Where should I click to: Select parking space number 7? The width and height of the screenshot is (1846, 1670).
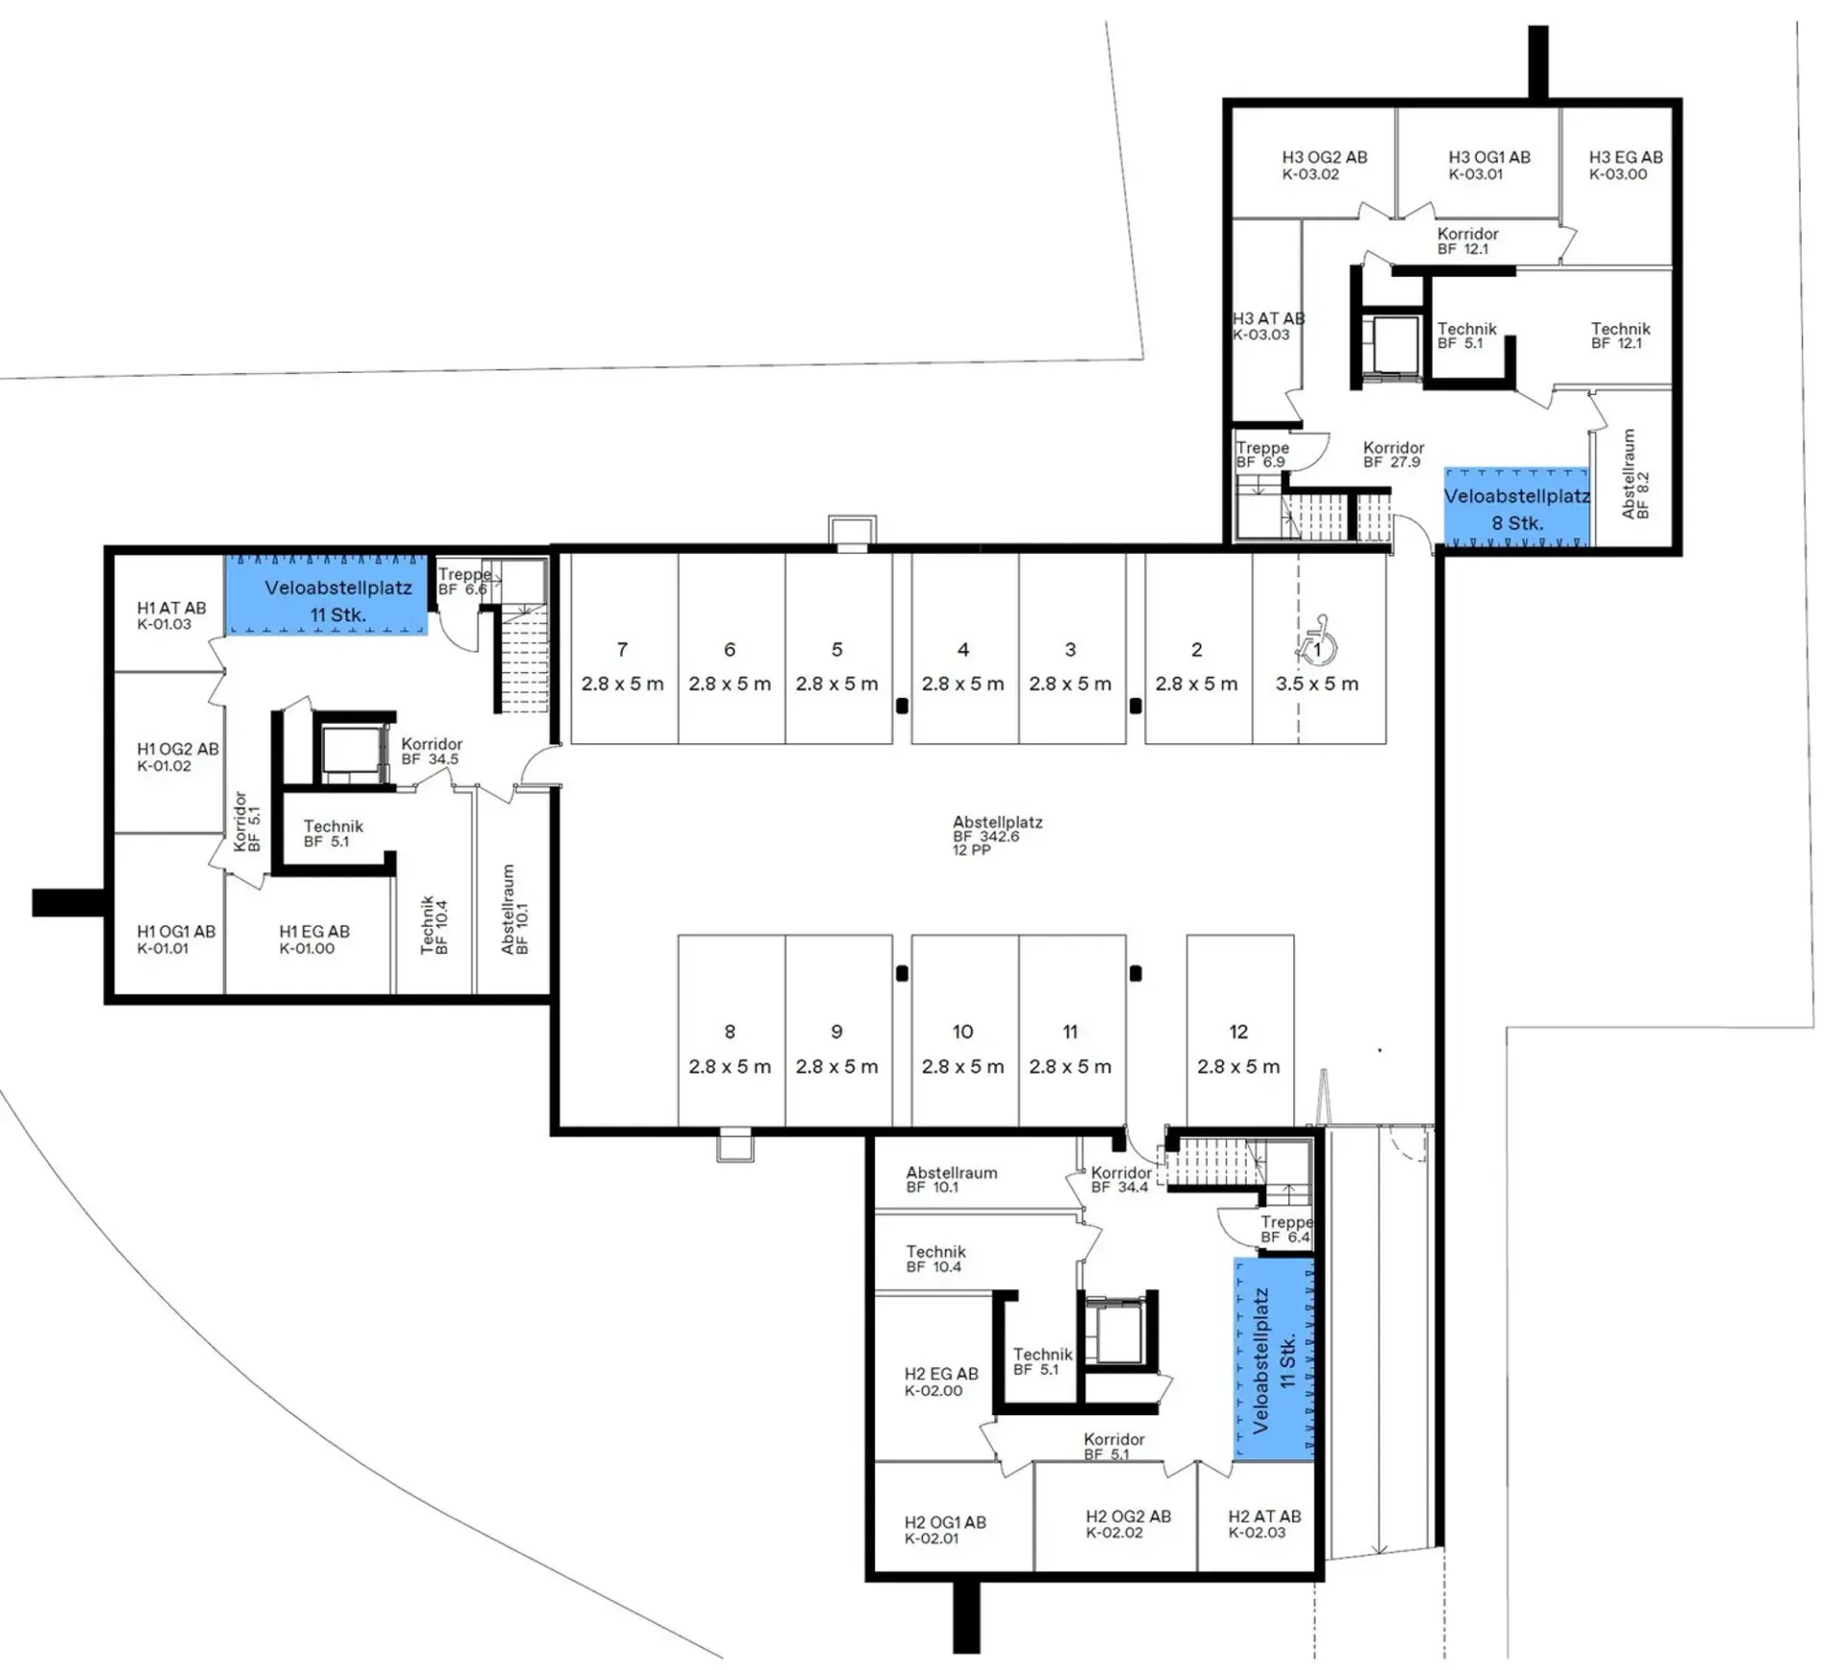[x=623, y=650]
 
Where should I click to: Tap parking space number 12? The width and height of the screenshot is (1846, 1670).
[x=1238, y=1032]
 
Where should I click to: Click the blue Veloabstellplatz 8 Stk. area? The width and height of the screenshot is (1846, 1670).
[x=1516, y=509]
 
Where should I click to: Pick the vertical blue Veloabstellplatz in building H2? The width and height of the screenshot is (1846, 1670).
[x=1274, y=1359]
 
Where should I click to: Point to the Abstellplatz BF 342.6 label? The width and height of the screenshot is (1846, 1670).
[x=997, y=835]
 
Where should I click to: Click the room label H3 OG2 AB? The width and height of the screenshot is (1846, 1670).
[x=1324, y=164]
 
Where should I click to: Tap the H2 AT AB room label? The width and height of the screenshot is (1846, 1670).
[x=1264, y=1524]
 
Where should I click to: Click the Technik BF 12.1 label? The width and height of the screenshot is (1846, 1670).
[x=1620, y=336]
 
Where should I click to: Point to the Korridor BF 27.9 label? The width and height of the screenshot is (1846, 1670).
[x=1393, y=454]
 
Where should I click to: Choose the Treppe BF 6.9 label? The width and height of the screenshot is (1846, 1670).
[x=1262, y=454]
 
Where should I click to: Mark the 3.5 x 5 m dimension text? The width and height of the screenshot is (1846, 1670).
[x=1317, y=685]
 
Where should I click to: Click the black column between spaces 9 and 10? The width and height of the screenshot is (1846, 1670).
[x=902, y=973]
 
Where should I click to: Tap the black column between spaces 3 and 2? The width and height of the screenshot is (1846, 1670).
[x=1135, y=706]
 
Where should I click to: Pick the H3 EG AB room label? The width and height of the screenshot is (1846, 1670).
[x=1625, y=164]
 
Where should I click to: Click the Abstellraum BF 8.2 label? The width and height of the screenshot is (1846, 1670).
[x=1634, y=474]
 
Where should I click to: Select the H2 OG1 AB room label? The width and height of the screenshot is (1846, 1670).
[x=945, y=1530]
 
